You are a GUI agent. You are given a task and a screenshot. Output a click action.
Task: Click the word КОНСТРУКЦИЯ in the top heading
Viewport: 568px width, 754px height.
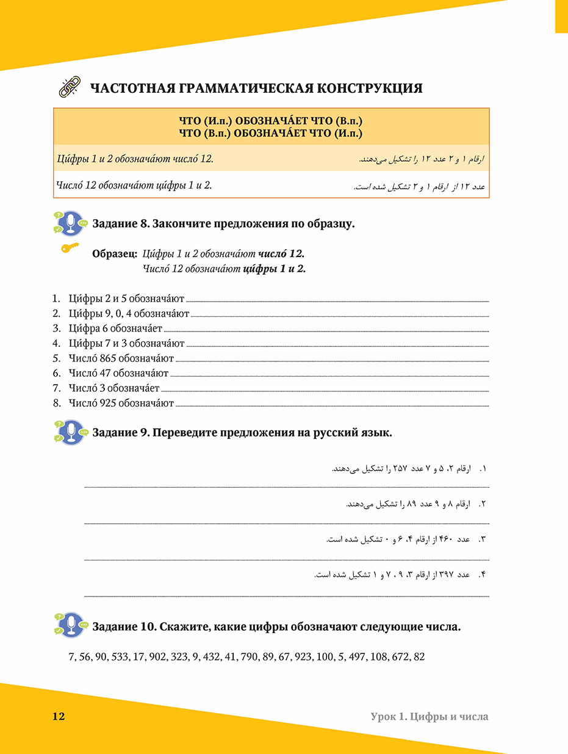(369, 89)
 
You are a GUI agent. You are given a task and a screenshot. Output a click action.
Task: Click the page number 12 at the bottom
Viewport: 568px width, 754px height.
(59, 716)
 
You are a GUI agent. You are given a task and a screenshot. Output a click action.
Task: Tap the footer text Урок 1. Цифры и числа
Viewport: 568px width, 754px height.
(429, 716)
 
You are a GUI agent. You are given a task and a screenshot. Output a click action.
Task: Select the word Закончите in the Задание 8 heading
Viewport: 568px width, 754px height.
(181, 223)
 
